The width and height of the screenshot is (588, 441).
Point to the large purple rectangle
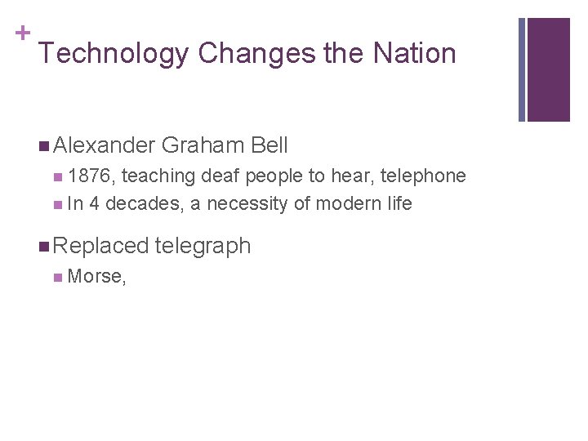tap(548, 69)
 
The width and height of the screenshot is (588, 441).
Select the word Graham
tap(203, 145)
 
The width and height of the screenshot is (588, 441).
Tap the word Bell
tap(269, 145)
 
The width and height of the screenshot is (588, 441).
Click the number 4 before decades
tap(95, 203)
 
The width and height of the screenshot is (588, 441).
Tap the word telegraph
tap(203, 245)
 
